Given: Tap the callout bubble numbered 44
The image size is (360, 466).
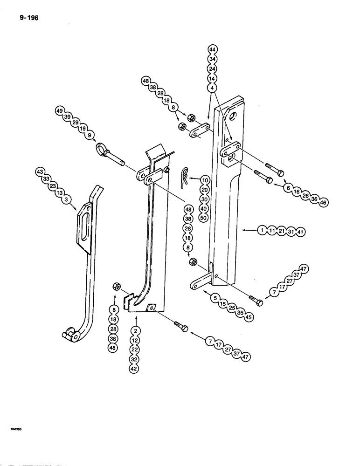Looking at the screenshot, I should click(x=212, y=49).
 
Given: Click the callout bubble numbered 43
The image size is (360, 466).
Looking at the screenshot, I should click(x=40, y=172).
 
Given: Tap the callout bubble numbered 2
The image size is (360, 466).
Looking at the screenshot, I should click(x=135, y=330).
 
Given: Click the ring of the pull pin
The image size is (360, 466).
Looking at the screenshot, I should click(x=101, y=149).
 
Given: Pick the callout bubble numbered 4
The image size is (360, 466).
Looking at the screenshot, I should click(x=212, y=87).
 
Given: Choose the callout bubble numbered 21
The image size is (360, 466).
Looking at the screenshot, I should click(x=283, y=230).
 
